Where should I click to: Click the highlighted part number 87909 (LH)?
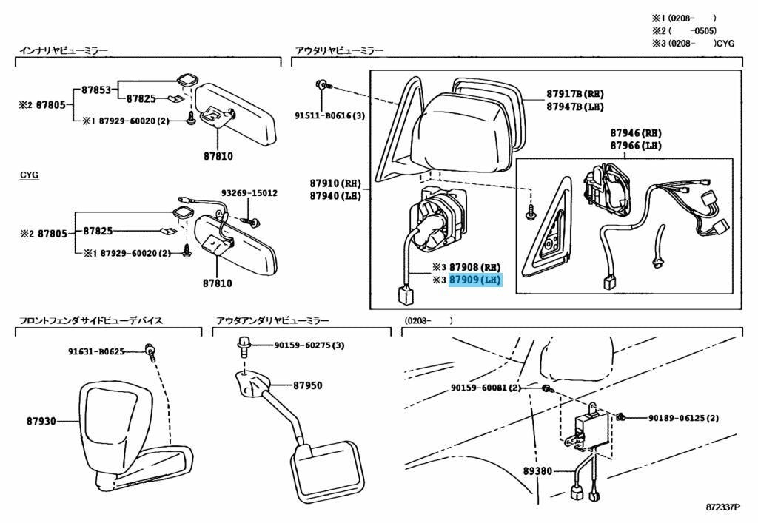click(475, 280)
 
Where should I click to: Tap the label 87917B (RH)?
click(575, 94)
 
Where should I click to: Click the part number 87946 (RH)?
click(636, 133)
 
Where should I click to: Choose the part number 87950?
click(307, 385)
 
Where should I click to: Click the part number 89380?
click(537, 470)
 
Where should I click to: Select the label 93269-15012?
click(252, 193)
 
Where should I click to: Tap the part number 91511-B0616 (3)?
click(329, 115)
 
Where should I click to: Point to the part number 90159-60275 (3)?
click(309, 345)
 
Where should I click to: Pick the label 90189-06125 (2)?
click(683, 418)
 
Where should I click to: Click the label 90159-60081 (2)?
click(486, 388)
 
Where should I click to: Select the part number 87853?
click(95, 90)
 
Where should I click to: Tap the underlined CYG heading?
click(29, 175)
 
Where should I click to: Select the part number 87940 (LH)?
click(334, 195)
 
